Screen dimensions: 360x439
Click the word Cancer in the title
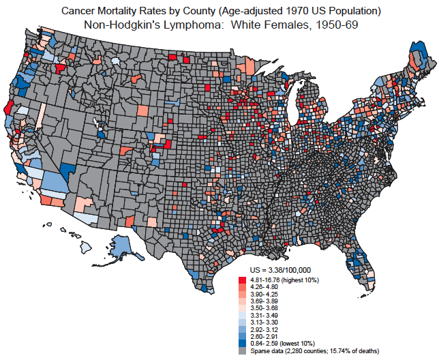77,11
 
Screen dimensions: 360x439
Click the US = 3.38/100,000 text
281,271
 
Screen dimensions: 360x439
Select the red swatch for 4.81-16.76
242,280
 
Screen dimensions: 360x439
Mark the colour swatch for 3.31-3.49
242,315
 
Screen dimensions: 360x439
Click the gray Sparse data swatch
242,350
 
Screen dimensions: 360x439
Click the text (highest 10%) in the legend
301,280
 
